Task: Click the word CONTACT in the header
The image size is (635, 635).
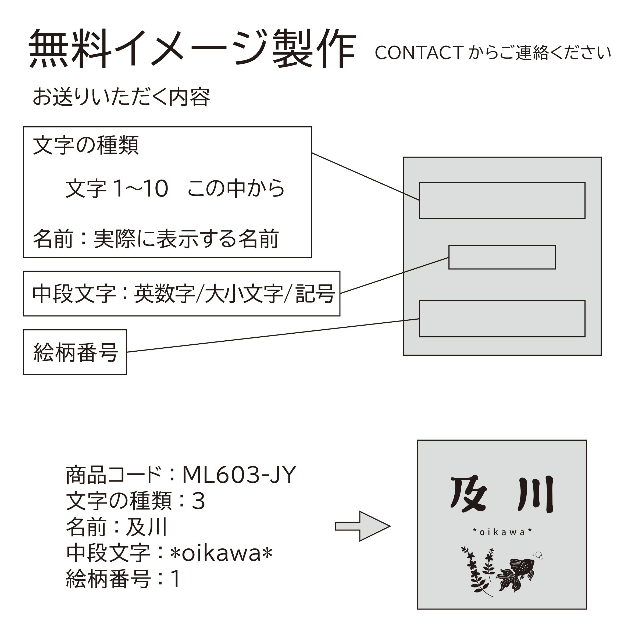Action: pos(419,53)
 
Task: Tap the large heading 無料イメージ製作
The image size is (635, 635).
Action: pos(192,49)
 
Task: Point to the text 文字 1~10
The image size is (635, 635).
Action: pos(117,189)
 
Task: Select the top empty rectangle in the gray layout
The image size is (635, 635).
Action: pos(502,200)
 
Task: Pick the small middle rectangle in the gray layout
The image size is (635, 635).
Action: pos(502,257)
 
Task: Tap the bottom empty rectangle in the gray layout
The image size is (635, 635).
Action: pos(502,319)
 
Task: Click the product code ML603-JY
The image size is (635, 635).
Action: pos(239,475)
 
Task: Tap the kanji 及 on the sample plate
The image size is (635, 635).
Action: pos(468,495)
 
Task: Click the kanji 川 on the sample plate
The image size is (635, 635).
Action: pos(536,495)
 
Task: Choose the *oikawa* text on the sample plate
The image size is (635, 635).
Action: pos(502,532)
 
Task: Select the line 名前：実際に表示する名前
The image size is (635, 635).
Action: pos(156,239)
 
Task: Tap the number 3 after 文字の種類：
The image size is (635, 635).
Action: pos(198,501)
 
